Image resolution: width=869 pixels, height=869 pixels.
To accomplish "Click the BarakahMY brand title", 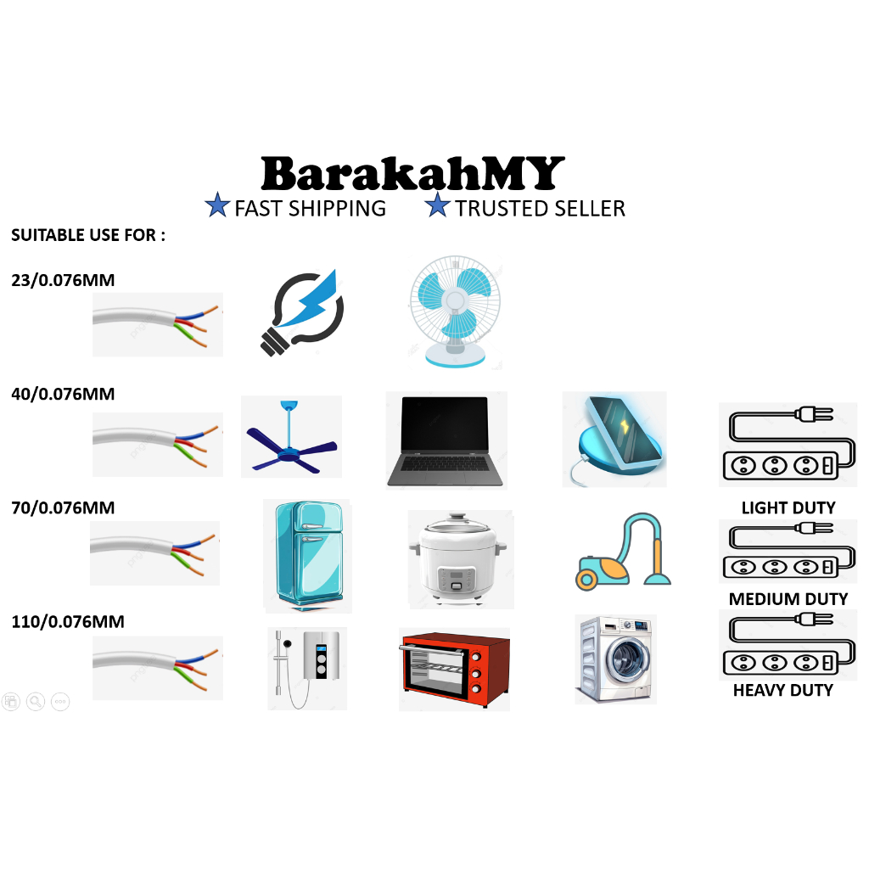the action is [412, 173].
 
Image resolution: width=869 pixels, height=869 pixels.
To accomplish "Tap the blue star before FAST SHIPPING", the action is [218, 207].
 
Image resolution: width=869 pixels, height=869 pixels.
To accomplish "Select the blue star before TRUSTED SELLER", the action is [438, 207].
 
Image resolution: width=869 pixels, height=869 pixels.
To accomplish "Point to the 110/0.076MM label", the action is [68, 622].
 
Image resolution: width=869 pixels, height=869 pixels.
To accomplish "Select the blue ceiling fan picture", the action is [291, 442].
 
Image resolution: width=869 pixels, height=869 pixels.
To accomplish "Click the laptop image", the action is [446, 440].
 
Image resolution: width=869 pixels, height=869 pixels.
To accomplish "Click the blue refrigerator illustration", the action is [305, 556].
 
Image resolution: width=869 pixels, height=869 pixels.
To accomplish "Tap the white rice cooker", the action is [459, 558].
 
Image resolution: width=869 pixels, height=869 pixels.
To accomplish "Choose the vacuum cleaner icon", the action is [624, 552].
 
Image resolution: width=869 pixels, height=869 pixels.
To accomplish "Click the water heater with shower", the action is [307, 667].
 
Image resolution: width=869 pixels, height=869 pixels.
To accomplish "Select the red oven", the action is [454, 669].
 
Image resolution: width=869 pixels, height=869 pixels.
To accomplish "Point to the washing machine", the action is [615, 659].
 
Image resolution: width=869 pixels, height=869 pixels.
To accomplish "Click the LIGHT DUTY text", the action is [788, 508].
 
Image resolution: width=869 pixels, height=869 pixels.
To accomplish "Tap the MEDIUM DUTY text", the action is [788, 599].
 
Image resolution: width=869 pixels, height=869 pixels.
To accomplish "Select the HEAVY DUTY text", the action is [782, 690].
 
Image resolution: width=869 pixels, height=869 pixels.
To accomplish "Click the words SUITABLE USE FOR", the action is [87, 235].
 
